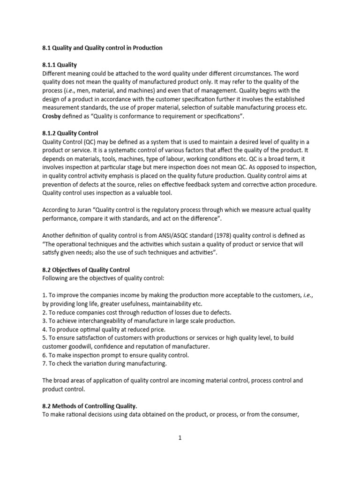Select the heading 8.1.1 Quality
point(60,65)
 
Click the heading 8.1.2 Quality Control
point(70,133)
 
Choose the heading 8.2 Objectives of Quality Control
point(86,270)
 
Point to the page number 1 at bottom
point(180,438)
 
